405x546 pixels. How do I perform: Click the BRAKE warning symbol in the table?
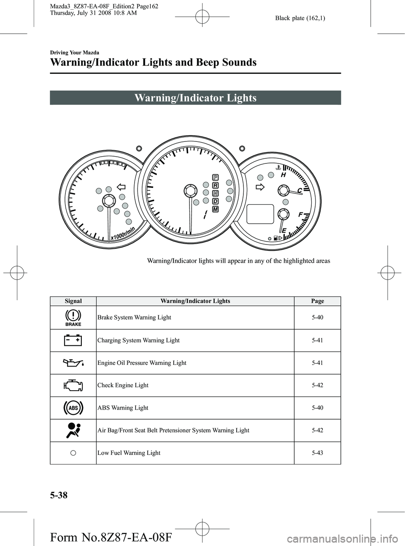73,318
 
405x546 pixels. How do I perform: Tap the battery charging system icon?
73,340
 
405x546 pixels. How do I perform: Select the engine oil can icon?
73,363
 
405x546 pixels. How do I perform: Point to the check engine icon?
73,385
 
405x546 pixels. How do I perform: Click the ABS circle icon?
73,408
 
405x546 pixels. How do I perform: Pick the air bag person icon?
73,430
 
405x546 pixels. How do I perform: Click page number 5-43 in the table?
317,453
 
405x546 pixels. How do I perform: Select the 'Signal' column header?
73,301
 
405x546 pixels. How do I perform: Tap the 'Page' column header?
317,301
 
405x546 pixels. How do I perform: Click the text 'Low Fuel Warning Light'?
129,453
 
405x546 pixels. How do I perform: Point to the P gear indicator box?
215,177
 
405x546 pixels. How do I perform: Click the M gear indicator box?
215,209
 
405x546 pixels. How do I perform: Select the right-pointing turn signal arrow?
260,187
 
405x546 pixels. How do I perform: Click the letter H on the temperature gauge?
283,174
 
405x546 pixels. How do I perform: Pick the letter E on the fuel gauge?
284,231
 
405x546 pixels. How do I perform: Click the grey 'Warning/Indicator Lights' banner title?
195,98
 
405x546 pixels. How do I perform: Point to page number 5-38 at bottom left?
59,496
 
